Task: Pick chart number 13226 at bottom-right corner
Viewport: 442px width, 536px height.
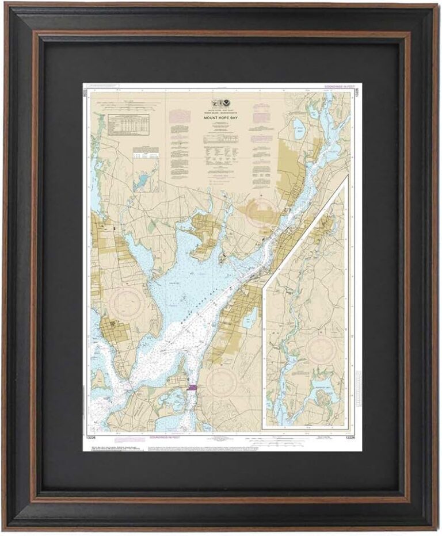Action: coord(349,437)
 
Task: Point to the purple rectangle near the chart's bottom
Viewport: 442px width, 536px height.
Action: coord(192,388)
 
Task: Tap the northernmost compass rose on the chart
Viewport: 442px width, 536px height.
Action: coord(260,212)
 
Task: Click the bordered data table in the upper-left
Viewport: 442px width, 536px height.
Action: coord(129,124)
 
